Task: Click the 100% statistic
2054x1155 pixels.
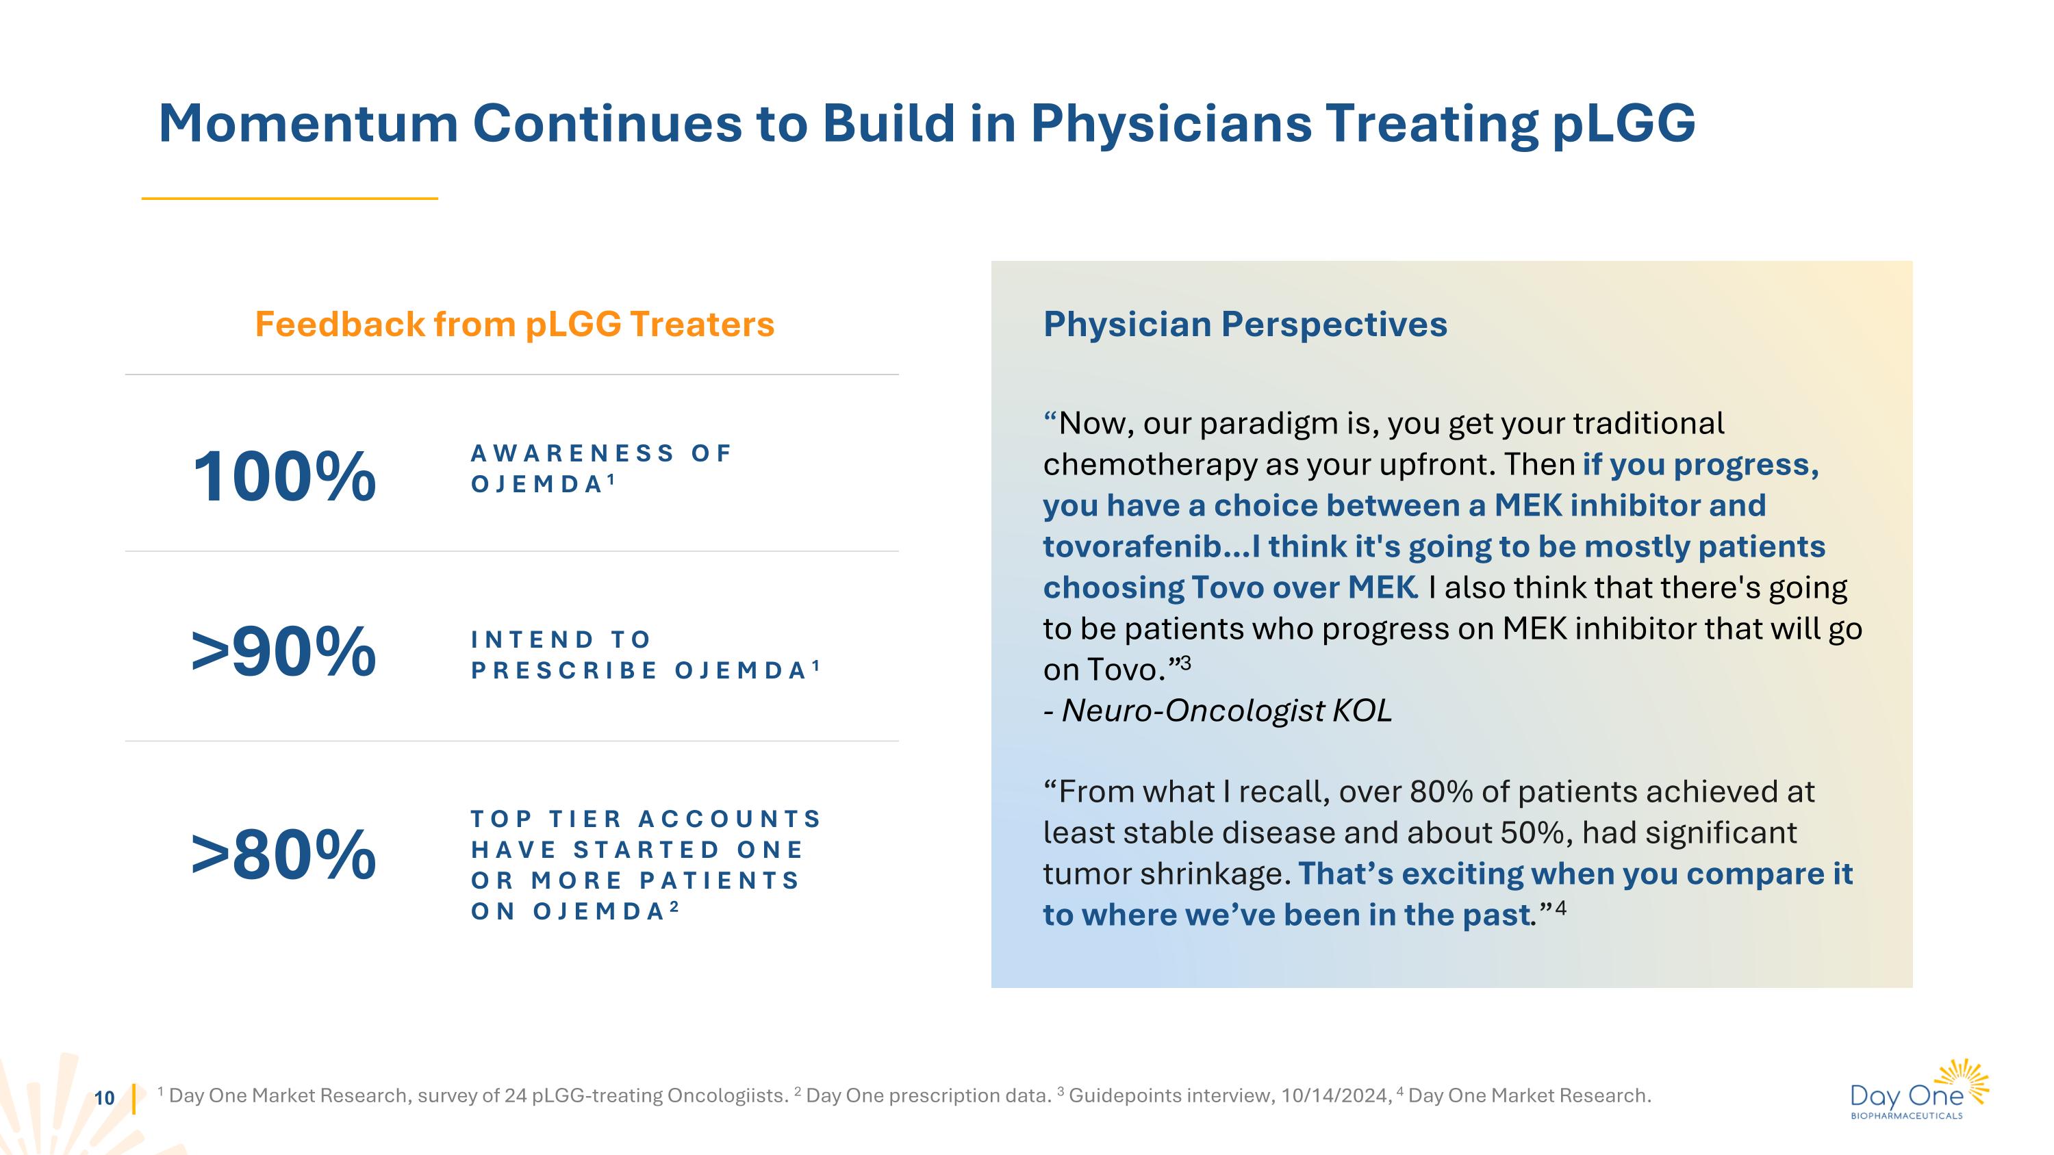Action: [284, 477]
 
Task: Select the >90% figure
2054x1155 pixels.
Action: [284, 652]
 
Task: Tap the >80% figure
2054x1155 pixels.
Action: [284, 854]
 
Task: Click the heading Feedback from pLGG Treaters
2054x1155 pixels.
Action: [514, 325]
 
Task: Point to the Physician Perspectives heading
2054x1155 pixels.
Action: [1245, 325]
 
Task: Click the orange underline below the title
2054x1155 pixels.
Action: [290, 199]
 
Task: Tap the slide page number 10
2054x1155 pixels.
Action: [105, 1098]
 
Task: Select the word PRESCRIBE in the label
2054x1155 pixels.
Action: [563, 670]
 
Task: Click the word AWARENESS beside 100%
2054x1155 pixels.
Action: [572, 453]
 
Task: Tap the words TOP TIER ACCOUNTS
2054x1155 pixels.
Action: [646, 819]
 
